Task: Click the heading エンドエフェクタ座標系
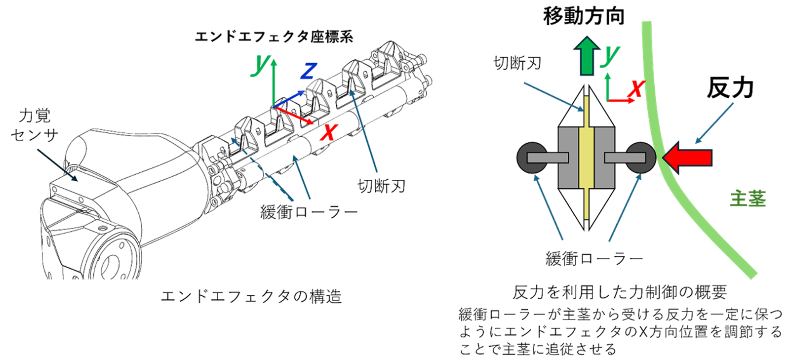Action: click(274, 37)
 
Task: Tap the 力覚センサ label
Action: click(35, 125)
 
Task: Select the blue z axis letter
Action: click(308, 71)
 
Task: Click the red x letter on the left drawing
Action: click(328, 132)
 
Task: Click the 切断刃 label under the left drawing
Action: click(381, 186)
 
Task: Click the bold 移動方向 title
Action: click(584, 16)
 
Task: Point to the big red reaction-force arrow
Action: click(687, 158)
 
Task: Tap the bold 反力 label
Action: click(730, 88)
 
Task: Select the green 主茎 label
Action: click(748, 199)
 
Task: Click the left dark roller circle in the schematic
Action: click(531, 158)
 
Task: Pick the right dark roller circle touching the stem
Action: click(641, 158)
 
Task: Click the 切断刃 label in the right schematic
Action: click(517, 63)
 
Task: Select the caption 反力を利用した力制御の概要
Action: click(619, 292)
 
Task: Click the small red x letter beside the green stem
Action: click(636, 89)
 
